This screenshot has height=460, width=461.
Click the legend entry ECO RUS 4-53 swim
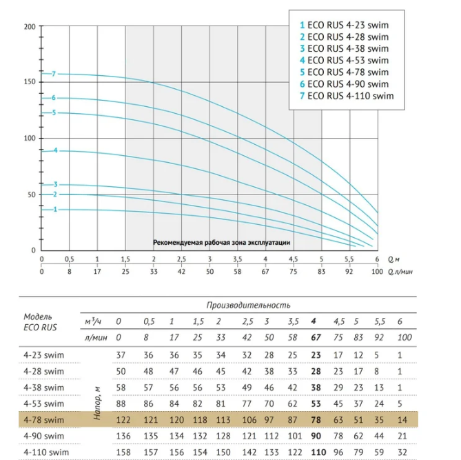(344, 60)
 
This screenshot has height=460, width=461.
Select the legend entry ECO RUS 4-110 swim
(347, 96)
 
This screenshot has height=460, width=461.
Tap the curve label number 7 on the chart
(54, 74)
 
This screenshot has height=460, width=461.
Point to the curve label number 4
(56, 150)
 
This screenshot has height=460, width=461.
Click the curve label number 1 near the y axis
(55, 210)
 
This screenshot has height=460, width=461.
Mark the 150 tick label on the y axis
(30, 82)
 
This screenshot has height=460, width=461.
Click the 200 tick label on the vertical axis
(30, 27)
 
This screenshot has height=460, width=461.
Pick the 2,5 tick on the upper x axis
(181, 259)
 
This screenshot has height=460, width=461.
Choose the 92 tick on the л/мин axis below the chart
(349, 271)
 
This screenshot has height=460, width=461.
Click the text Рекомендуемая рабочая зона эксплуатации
(222, 243)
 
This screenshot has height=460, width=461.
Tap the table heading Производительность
(249, 306)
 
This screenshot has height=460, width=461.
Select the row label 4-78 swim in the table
(44, 420)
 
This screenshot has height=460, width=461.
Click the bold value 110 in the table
(318, 452)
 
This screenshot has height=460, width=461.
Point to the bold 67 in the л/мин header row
(316, 337)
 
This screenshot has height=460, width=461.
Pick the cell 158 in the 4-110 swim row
(123, 452)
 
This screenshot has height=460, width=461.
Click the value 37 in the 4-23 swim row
(121, 355)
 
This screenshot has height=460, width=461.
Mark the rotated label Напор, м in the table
(97, 403)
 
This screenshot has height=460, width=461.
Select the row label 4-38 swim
(44, 388)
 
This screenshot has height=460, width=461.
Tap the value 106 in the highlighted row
(249, 420)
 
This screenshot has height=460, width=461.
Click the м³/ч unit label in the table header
(93, 321)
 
